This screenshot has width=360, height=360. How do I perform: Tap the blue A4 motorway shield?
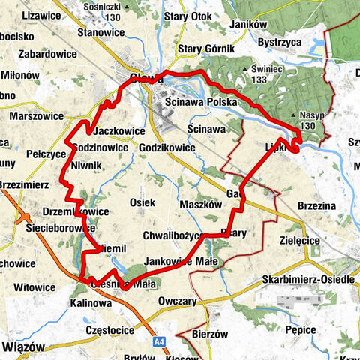point(160,341)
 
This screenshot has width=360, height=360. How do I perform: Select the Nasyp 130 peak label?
point(311,119)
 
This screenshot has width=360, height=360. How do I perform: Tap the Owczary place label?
point(178,301)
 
